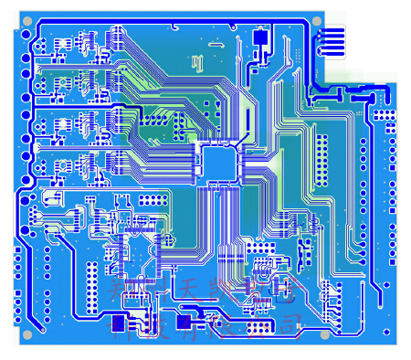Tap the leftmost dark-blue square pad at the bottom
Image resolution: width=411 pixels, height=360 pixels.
click(118, 323)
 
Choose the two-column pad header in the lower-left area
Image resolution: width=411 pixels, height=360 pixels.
click(93, 284)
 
